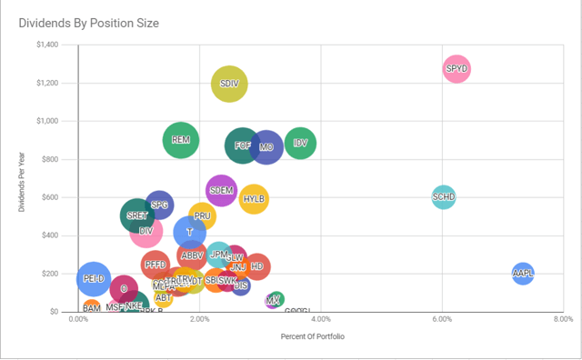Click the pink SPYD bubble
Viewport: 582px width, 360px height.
[457, 68]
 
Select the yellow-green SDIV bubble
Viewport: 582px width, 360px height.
[229, 84]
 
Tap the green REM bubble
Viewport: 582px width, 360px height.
[181, 140]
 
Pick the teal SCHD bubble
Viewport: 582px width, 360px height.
[443, 196]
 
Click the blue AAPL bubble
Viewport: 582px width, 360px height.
[523, 272]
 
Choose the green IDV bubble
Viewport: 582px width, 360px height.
[301, 143]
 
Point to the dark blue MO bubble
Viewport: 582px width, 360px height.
[266, 146]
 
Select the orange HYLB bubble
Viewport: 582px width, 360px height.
[255, 198]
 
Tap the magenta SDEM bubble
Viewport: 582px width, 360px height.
[221, 191]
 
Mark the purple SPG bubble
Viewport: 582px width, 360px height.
[159, 205]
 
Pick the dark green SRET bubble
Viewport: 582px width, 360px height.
[137, 216]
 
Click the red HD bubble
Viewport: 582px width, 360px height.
[256, 266]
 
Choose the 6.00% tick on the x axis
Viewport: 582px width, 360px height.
[442, 320]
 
